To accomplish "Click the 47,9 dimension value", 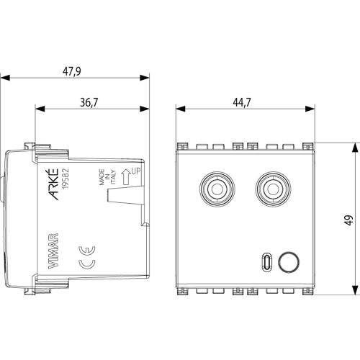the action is click(x=72, y=71).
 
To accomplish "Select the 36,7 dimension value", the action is click(x=89, y=102).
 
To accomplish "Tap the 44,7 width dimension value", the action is click(x=242, y=102).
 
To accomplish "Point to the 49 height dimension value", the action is click(x=349, y=220).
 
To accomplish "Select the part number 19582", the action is click(x=66, y=179).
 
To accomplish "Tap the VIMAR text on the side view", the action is click(x=53, y=251).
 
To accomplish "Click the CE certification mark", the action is click(x=87, y=257).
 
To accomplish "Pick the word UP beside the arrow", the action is click(x=135, y=171).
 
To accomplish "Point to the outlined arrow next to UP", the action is click(x=126, y=177).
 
